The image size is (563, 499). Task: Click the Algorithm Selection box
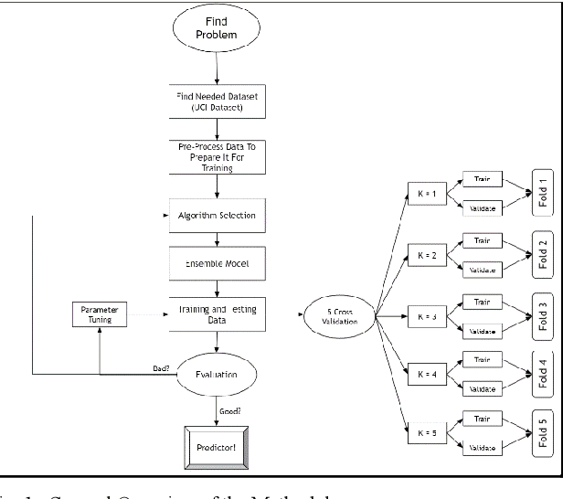pos(217,216)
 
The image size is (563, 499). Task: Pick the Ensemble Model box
pos(217,262)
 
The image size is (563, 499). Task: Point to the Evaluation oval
pos(217,374)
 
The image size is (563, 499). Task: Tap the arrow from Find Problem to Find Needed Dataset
pos(217,69)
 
